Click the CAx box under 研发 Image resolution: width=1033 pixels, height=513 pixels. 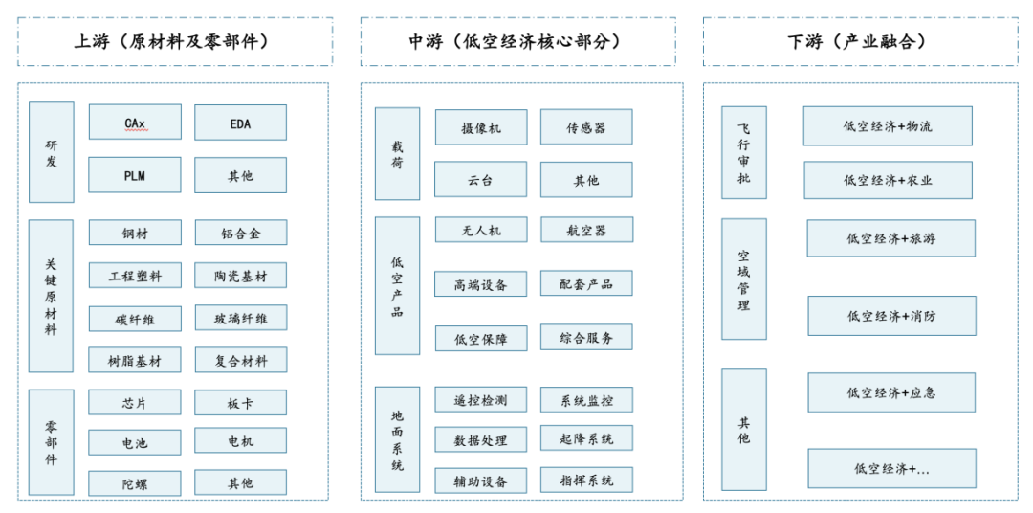135,123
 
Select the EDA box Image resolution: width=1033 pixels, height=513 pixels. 240,123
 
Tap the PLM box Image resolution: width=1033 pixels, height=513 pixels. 135,175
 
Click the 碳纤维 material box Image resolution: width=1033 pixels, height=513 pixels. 135,320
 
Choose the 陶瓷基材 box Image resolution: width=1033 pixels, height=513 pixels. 240,276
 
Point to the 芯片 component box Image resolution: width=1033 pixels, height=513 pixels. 135,403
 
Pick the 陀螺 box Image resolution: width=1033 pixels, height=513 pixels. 135,482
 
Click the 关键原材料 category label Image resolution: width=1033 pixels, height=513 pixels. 51,296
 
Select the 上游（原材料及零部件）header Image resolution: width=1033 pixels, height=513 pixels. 175,41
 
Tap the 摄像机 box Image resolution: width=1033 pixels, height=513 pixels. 480,127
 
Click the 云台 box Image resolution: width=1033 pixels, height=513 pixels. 480,179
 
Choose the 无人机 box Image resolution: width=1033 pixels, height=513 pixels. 480,230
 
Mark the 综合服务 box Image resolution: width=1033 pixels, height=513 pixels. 586,337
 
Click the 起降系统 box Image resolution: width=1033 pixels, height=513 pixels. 586,438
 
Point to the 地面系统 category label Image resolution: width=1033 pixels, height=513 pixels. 397,440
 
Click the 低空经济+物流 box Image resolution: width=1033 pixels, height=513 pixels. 887,125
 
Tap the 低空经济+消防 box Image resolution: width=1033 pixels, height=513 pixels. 891,315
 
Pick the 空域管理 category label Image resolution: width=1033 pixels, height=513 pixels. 743,279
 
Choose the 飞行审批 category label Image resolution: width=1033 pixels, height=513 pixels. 743,152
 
